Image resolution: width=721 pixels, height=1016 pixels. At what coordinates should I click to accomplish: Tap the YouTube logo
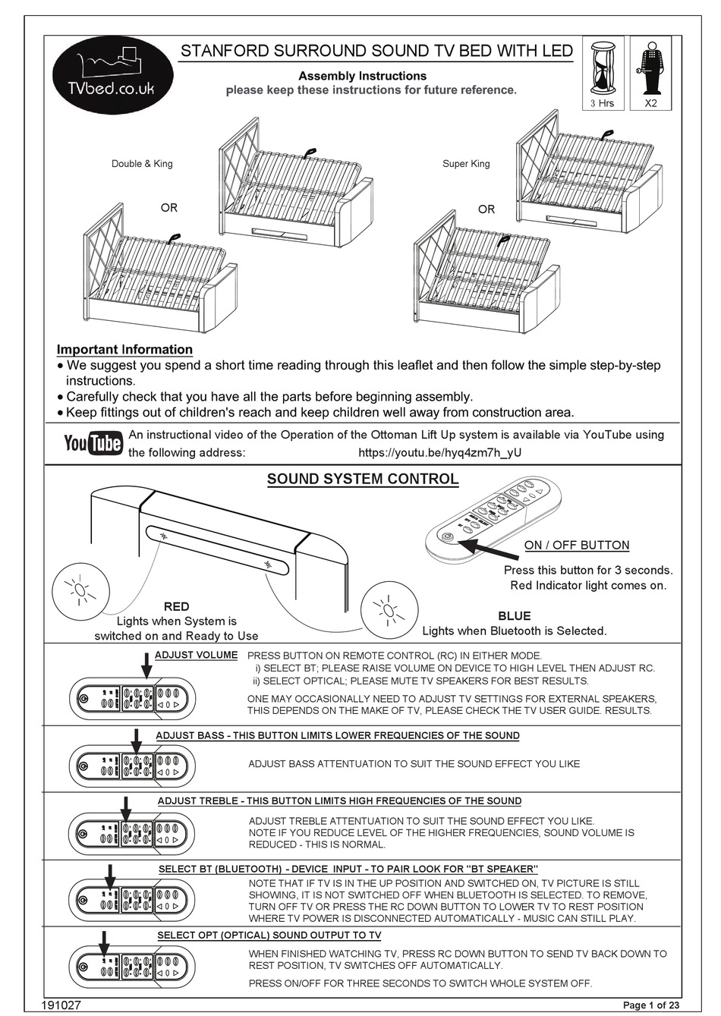pyautogui.click(x=93, y=443)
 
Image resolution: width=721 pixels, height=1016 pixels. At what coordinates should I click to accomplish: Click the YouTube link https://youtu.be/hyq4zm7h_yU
pyautogui.click(x=439, y=453)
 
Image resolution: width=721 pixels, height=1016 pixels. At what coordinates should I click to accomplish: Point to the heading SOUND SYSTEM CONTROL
pyautogui.click(x=363, y=480)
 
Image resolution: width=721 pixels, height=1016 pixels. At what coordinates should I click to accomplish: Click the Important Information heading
pyautogui.click(x=124, y=350)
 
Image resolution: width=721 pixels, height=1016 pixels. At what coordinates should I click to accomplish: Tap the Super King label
pyautogui.click(x=466, y=164)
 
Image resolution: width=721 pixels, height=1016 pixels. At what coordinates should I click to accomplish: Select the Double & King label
pyautogui.click(x=142, y=164)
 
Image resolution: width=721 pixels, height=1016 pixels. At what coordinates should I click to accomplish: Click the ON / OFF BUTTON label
pyautogui.click(x=577, y=546)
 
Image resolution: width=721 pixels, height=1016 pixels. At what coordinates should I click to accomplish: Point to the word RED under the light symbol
pyautogui.click(x=176, y=606)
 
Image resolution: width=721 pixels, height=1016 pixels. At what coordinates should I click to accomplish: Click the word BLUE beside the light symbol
pyautogui.click(x=514, y=616)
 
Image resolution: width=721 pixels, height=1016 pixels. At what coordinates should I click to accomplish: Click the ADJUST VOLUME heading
pyautogui.click(x=196, y=655)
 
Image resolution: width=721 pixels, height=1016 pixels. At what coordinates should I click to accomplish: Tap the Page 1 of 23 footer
pyautogui.click(x=651, y=1005)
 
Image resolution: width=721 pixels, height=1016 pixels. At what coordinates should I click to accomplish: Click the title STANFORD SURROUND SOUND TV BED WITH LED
pyautogui.click(x=376, y=52)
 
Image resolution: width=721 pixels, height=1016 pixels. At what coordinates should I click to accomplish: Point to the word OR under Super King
pyautogui.click(x=486, y=209)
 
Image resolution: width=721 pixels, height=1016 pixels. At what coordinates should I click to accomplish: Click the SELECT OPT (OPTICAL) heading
pyautogui.click(x=269, y=936)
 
